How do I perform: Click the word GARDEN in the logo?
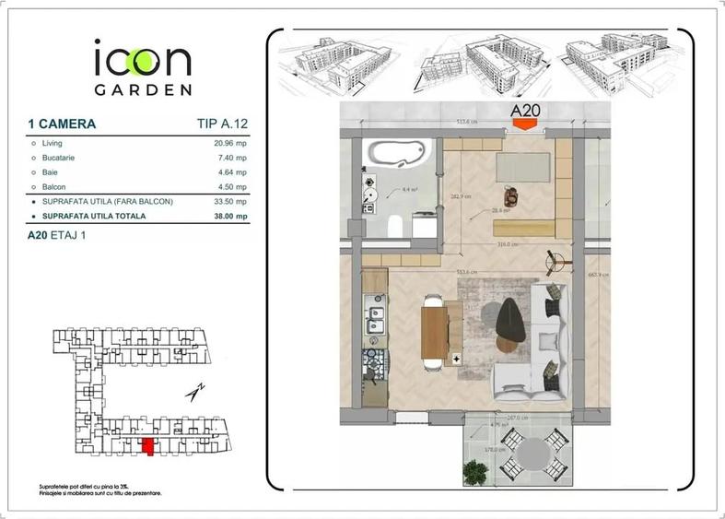click(x=143, y=90)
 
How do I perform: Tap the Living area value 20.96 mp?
click(x=229, y=144)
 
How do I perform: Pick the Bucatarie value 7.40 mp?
click(x=231, y=158)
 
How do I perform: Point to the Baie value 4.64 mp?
click(x=231, y=172)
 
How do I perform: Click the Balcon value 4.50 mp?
click(x=231, y=187)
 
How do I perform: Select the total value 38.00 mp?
click(x=229, y=217)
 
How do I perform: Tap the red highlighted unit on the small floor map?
click(x=146, y=447)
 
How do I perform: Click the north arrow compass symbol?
click(x=194, y=392)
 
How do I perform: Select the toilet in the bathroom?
click(x=392, y=224)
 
